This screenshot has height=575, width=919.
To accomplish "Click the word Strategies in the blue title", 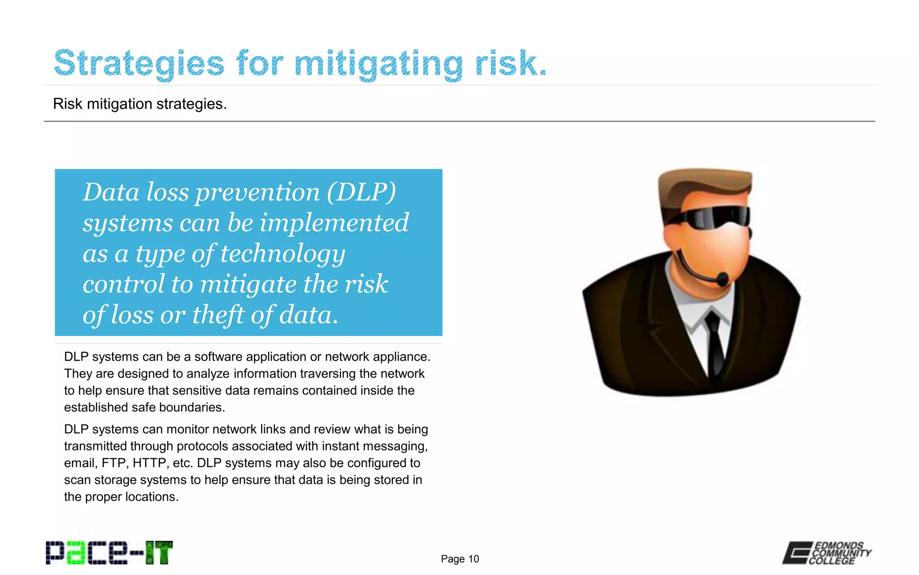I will coord(139,63).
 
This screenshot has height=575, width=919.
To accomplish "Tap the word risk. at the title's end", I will coord(511,63).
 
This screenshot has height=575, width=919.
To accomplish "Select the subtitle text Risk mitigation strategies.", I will coord(140,104).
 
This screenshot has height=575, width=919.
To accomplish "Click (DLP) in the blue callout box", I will coord(361,192).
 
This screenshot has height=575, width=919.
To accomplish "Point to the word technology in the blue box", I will coord(283,254).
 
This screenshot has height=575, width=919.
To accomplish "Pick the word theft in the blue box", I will coord(218,314).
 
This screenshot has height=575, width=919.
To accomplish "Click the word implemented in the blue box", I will coord(334,223).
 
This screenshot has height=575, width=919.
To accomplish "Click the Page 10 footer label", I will coord(459,559).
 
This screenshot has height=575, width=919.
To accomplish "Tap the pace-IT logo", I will coord(109,553).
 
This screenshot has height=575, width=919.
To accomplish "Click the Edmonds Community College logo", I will coord(827,553).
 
